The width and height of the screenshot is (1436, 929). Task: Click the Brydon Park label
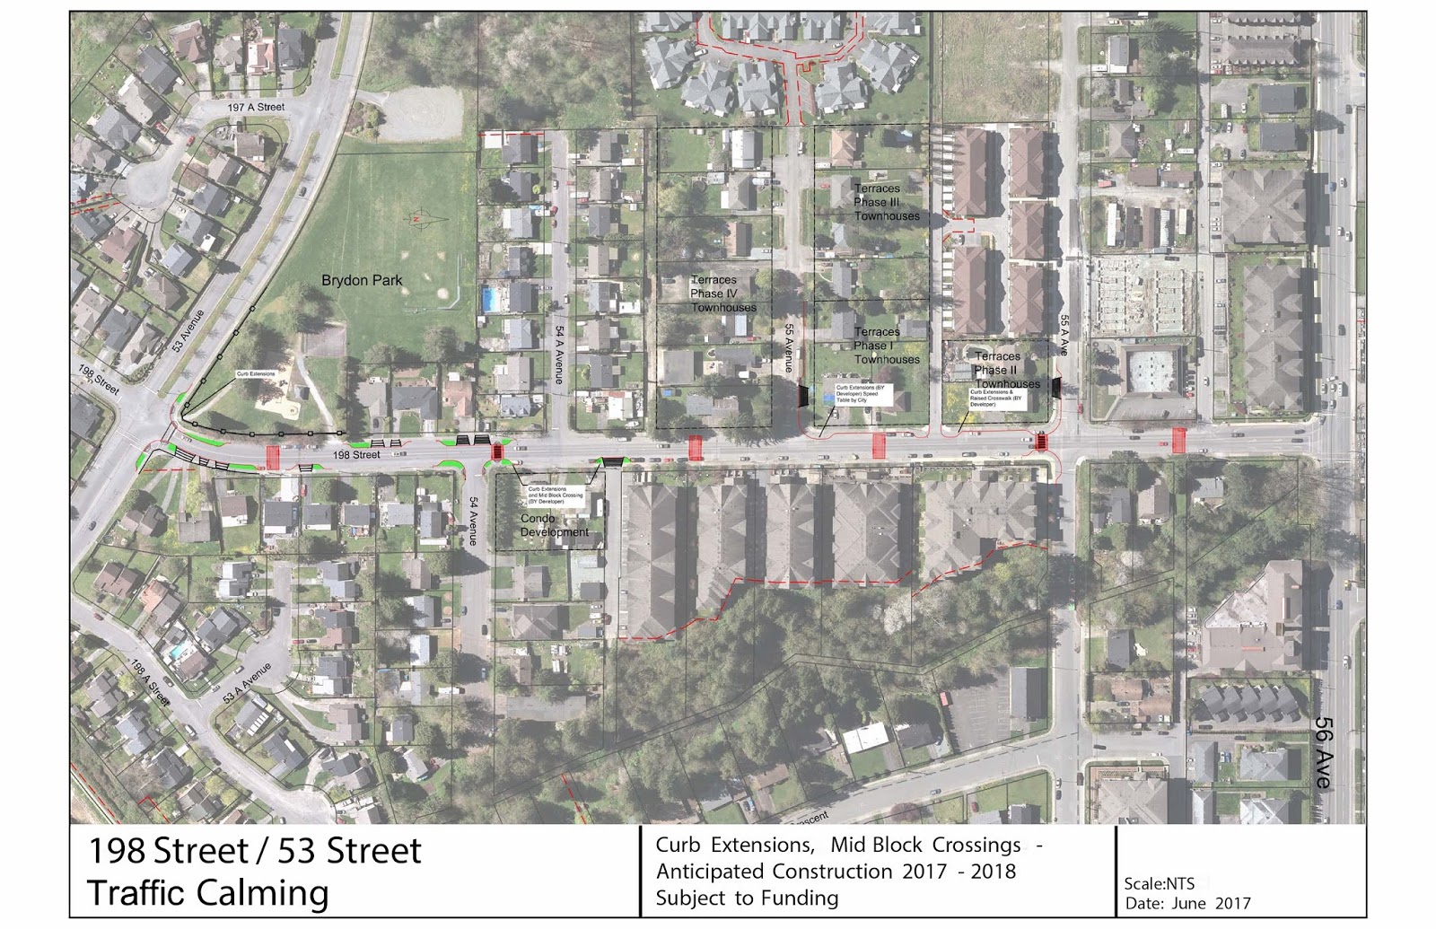click(x=362, y=280)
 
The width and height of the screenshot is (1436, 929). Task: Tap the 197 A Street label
click(x=256, y=107)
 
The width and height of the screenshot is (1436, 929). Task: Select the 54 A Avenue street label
click(x=558, y=355)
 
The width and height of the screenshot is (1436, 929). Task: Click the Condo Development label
click(x=555, y=525)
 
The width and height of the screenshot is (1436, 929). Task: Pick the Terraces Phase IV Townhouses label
click(x=722, y=294)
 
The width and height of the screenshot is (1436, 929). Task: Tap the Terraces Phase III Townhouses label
click(x=886, y=202)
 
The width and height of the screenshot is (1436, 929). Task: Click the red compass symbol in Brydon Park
click(x=416, y=218)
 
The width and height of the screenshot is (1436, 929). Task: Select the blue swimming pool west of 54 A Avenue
click(x=489, y=299)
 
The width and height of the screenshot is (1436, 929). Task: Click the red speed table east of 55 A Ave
click(x=1178, y=440)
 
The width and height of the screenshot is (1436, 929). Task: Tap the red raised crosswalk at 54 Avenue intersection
click(x=497, y=452)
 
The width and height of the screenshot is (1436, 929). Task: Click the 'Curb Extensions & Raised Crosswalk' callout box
click(x=996, y=398)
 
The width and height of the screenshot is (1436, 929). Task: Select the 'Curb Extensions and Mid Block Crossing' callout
click(x=555, y=495)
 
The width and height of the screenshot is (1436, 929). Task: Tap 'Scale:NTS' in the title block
click(x=1159, y=883)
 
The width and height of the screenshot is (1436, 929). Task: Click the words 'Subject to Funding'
click(x=747, y=898)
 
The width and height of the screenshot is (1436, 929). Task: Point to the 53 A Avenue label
click(x=247, y=683)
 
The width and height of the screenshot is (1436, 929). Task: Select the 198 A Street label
click(x=150, y=681)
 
